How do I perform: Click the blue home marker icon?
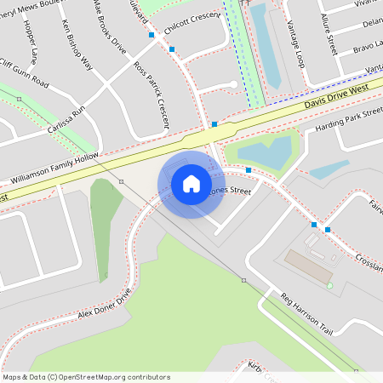click(191, 184)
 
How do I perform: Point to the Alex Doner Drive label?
click(105, 304)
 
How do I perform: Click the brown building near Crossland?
click(308, 266)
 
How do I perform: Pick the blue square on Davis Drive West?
click(214, 124)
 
